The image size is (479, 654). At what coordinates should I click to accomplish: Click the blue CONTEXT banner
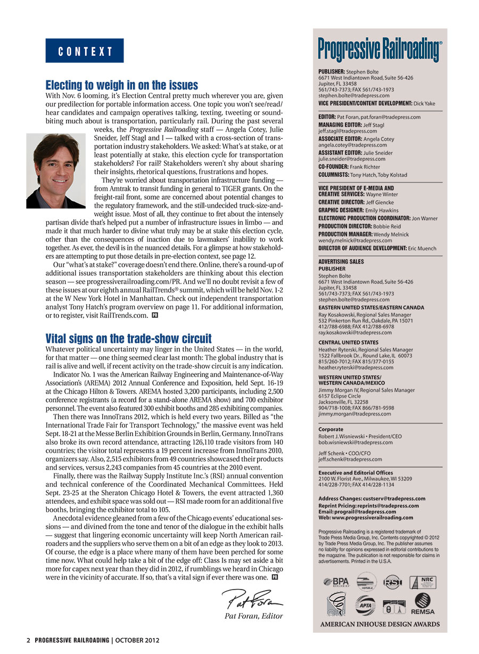tap(85, 51)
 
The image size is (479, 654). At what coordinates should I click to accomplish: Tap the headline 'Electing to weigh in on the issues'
tap(122, 85)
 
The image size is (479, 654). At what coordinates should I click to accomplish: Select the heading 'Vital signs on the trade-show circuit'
tap(128, 339)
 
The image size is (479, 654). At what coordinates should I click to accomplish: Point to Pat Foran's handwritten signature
tap(252, 600)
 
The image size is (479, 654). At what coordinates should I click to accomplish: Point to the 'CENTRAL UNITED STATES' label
tap(348, 342)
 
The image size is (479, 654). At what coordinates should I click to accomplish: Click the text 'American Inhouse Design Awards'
tap(380, 624)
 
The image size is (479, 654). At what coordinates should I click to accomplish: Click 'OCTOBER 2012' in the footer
tap(137, 640)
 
